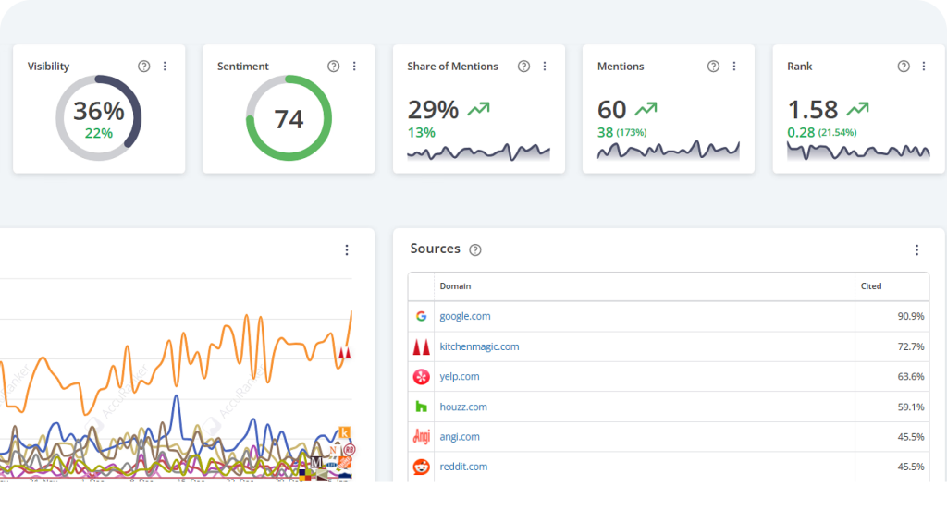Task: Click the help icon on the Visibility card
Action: pyautogui.click(x=143, y=67)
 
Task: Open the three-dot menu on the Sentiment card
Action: pyautogui.click(x=354, y=67)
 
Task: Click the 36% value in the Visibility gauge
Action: pyautogui.click(x=99, y=112)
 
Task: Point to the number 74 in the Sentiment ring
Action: pyautogui.click(x=289, y=119)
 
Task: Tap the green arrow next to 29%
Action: pyautogui.click(x=478, y=109)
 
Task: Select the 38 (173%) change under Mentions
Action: pyautogui.click(x=621, y=132)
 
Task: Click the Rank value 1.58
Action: pyautogui.click(x=813, y=110)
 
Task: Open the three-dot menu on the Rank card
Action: pyautogui.click(x=924, y=67)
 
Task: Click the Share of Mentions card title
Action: pyautogui.click(x=452, y=67)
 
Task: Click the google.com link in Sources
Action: pyautogui.click(x=464, y=316)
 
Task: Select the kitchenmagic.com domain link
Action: pyautogui.click(x=479, y=346)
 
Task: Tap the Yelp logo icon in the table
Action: pyautogui.click(x=421, y=377)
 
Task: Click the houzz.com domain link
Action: pyautogui.click(x=463, y=407)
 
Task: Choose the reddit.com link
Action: pyautogui.click(x=463, y=467)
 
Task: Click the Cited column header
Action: pyautogui.click(x=870, y=286)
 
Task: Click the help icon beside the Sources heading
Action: pyautogui.click(x=475, y=249)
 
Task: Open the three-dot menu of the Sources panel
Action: pyautogui.click(x=916, y=250)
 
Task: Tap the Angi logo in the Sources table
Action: pyautogui.click(x=421, y=437)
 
